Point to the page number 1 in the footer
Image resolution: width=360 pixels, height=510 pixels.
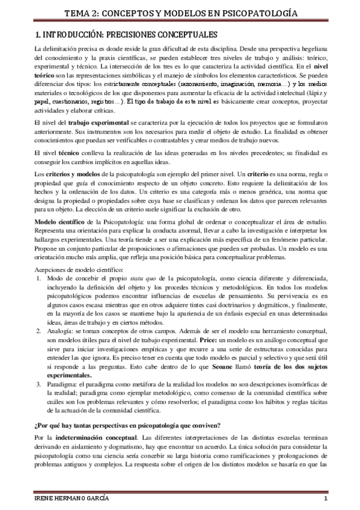pos(325,500)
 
